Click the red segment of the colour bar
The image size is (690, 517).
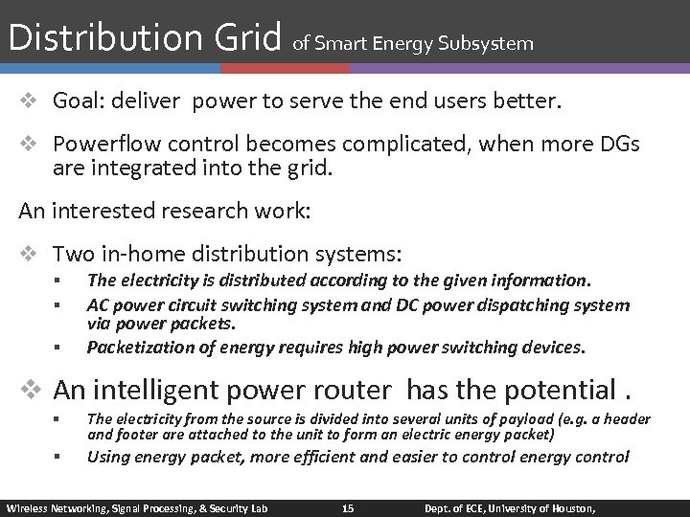284,69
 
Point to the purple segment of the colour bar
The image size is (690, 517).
517,69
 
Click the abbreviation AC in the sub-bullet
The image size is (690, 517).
98,305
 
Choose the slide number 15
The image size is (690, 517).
348,507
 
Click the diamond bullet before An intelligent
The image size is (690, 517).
33,391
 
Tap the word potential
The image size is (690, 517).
558,391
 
